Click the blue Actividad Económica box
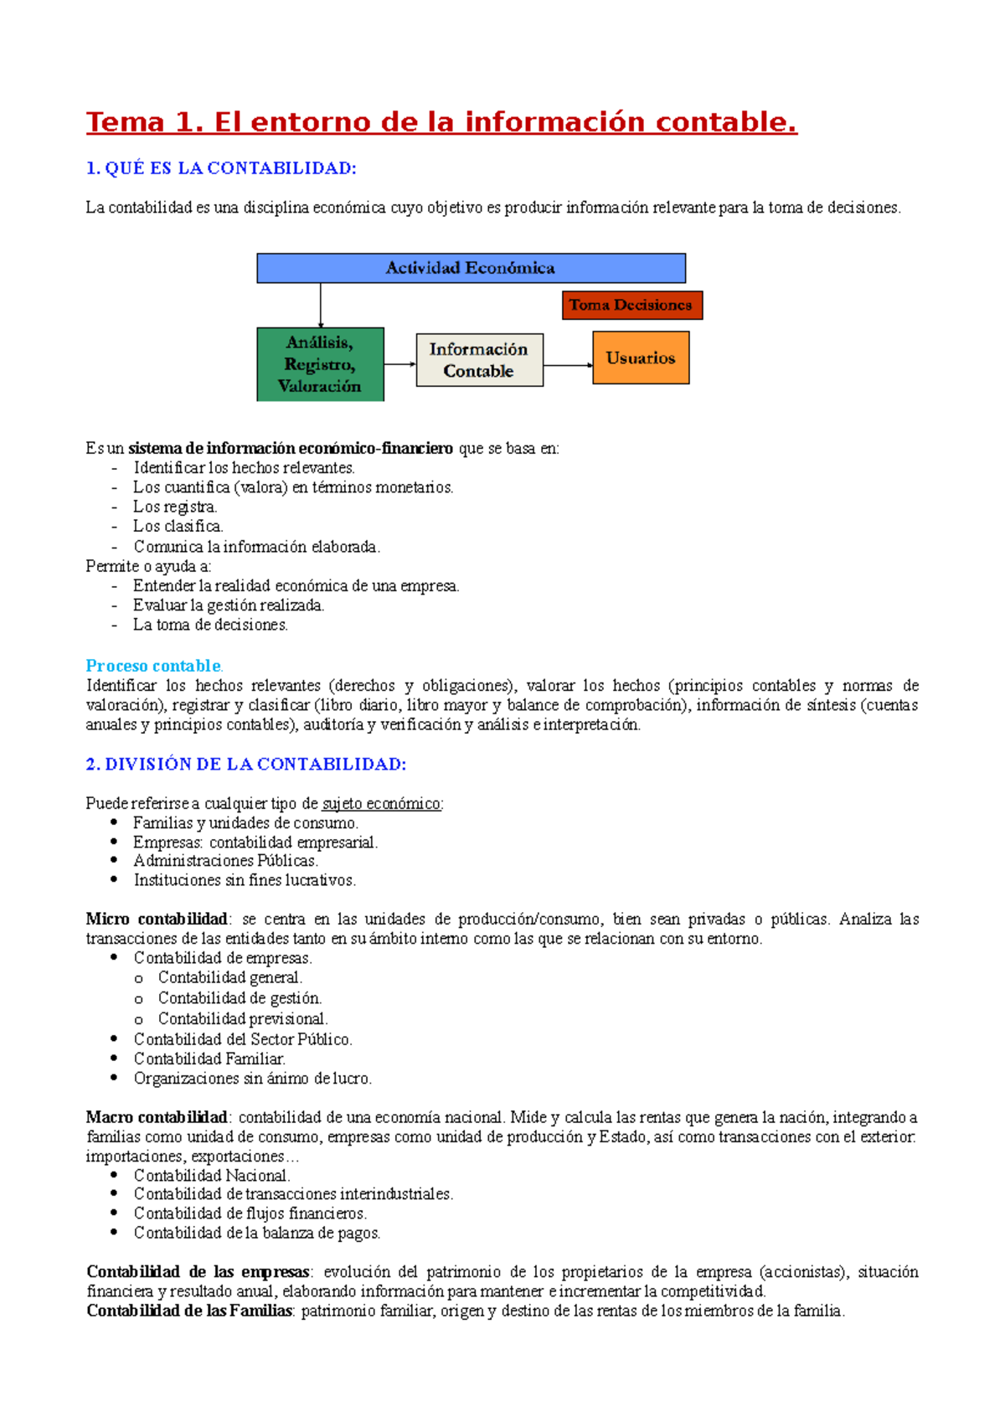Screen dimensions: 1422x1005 tap(471, 268)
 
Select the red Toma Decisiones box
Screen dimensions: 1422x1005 tap(631, 305)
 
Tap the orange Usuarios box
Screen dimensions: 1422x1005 tap(641, 358)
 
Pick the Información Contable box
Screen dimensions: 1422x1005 tap(479, 360)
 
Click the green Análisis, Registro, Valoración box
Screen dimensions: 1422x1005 tap(320, 364)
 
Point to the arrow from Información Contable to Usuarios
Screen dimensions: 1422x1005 tap(568, 365)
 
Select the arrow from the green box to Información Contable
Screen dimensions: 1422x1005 tap(399, 364)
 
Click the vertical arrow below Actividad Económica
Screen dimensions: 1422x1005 tap(321, 306)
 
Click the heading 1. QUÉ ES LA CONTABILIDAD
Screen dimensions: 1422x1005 tap(221, 168)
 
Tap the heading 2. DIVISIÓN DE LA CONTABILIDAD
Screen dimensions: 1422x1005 tap(246, 764)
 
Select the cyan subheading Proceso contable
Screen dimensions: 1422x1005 tap(153, 666)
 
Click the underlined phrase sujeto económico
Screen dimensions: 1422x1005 tap(381, 804)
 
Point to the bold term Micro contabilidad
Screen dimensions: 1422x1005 tap(157, 919)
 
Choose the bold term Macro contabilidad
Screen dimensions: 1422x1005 tap(157, 1117)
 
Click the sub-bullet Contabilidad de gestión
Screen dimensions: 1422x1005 tap(240, 998)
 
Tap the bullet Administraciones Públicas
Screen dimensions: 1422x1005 tap(225, 861)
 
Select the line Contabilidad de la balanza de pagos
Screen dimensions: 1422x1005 tap(256, 1233)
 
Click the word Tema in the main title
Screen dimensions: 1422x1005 tap(125, 122)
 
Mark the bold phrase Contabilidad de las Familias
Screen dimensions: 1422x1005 tap(189, 1311)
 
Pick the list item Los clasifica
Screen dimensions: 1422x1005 tap(178, 527)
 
